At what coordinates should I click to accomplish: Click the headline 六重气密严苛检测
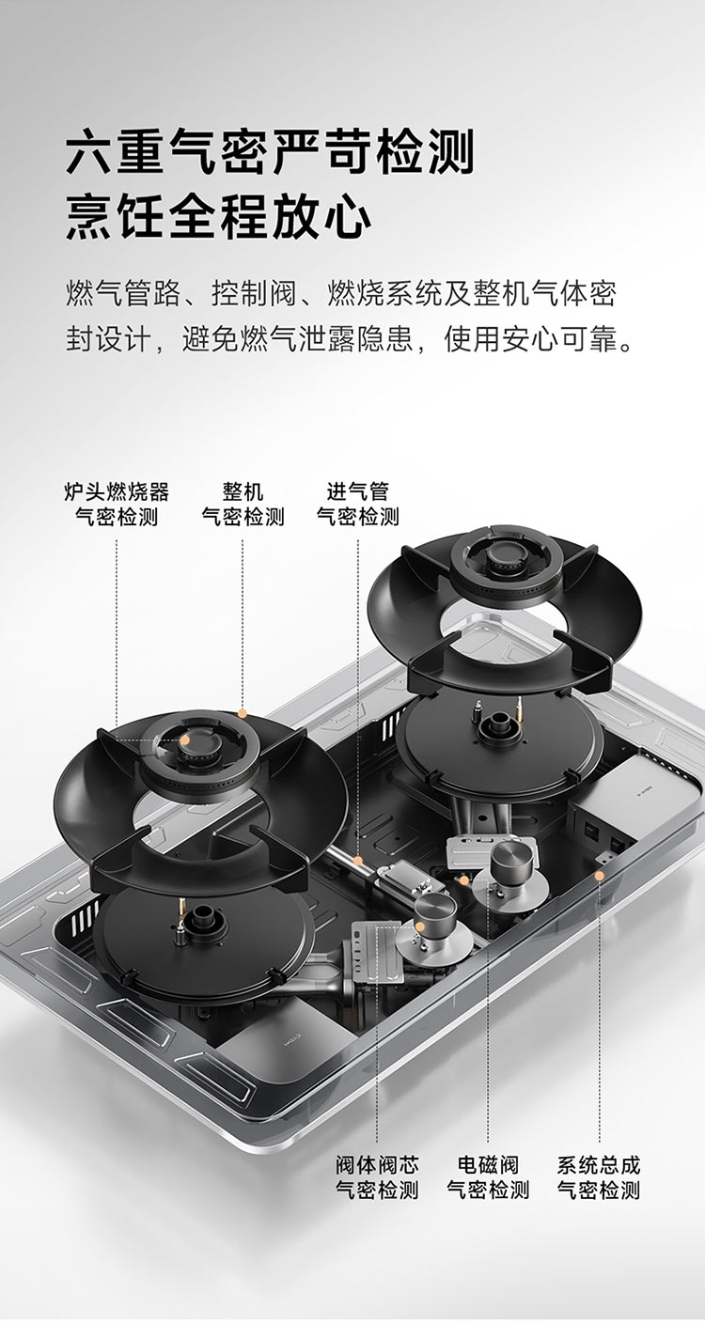pyautogui.click(x=270, y=152)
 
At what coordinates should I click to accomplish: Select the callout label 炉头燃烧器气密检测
pyautogui.click(x=117, y=504)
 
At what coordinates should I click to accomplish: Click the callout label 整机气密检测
pyautogui.click(x=243, y=504)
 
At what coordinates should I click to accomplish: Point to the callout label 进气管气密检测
pyautogui.click(x=358, y=504)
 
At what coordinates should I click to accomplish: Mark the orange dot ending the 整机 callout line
pyautogui.click(x=242, y=713)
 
